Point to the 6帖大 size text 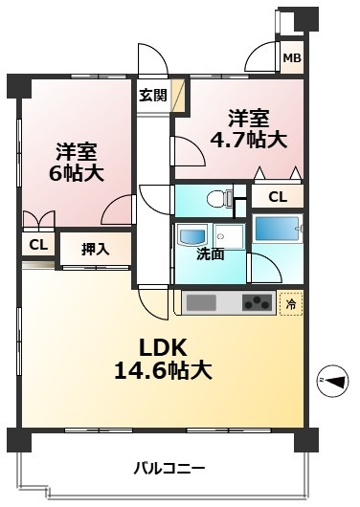click(x=77, y=173)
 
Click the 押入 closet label click(x=94, y=249)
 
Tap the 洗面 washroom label click(x=211, y=253)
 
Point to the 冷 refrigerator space click(x=291, y=304)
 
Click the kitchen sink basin click(x=202, y=304)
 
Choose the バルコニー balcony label click(x=169, y=469)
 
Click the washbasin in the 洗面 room click(x=186, y=234)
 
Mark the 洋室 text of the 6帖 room click(x=77, y=150)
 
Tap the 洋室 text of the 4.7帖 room click(x=249, y=119)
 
